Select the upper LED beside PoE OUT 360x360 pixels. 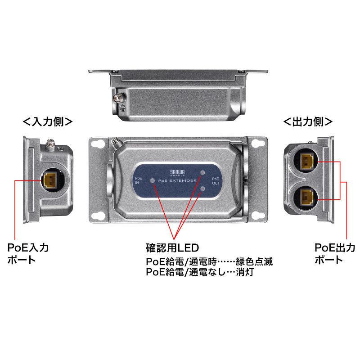pyautogui.click(x=202, y=172)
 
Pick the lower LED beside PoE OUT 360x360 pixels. pyautogui.click(x=202, y=188)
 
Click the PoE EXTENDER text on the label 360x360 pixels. pyautogui.click(x=177, y=180)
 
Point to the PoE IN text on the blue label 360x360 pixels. pyautogui.click(x=138, y=180)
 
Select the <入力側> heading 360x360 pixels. pyautogui.click(x=48, y=122)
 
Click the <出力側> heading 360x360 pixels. pyautogui.click(x=308, y=122)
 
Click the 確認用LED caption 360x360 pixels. pyautogui.click(x=172, y=247)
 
